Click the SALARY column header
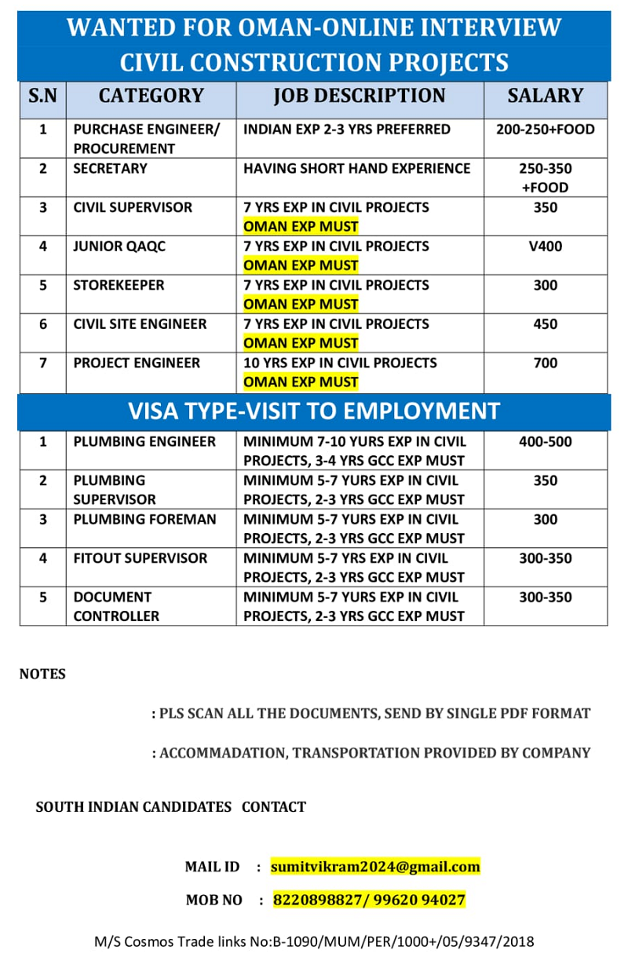(545, 97)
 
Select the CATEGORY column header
(151, 97)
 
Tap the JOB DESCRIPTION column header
(359, 97)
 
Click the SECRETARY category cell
(110, 169)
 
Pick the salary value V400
(545, 247)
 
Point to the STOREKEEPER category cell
(119, 285)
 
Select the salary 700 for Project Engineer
(545, 363)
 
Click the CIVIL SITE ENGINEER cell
(140, 324)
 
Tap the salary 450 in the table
(545, 324)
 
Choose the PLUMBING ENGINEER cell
(144, 442)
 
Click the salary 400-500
(545, 442)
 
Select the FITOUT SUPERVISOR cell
(141, 558)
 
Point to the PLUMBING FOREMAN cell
(144, 520)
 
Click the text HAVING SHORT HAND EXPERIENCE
(356, 169)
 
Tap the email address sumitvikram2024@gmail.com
(375, 867)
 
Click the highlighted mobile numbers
(369, 900)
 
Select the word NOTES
(42, 674)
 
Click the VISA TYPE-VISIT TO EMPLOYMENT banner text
(314, 411)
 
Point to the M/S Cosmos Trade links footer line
(314, 941)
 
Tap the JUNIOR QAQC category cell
(119, 247)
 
